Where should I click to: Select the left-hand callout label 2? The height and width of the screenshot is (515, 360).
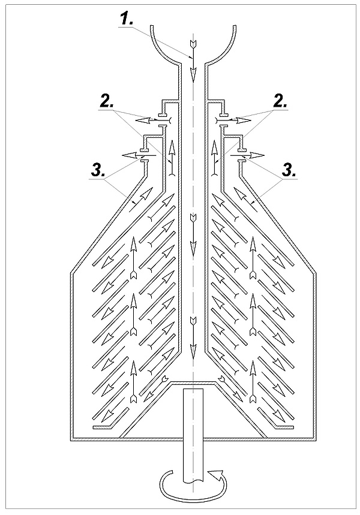pyautogui.click(x=107, y=103)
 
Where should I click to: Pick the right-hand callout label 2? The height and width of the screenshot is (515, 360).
pyautogui.click(x=280, y=103)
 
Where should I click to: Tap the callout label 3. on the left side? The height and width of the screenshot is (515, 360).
pyautogui.click(x=97, y=171)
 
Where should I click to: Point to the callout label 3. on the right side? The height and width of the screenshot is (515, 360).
pyautogui.click(x=289, y=171)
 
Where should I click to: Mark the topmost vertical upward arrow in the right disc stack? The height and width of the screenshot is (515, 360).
pyautogui.click(x=253, y=258)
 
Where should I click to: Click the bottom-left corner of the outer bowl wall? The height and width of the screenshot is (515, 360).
pyautogui.click(x=71, y=440)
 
